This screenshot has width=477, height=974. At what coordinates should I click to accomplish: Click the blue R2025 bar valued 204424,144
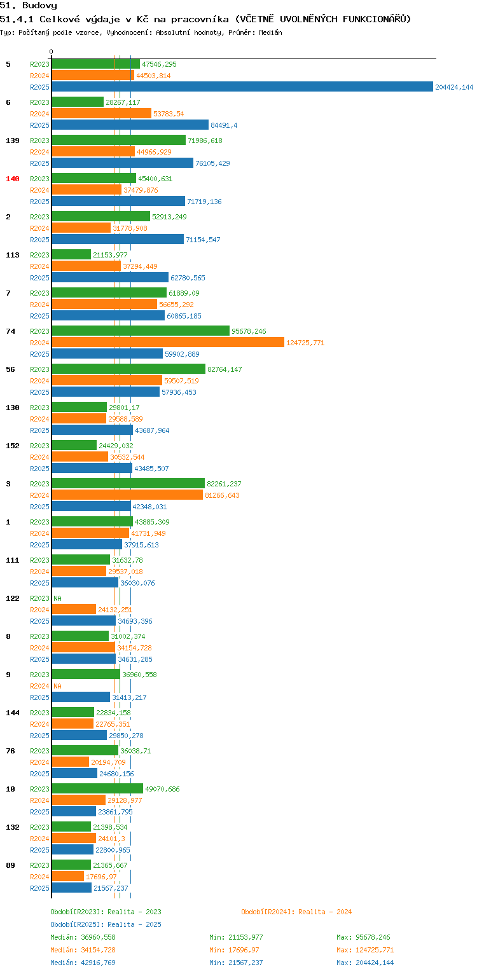pos(242,86)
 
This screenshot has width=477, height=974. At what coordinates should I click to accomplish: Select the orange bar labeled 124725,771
pos(168,342)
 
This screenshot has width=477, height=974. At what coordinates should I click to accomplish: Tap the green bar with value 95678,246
pos(141,331)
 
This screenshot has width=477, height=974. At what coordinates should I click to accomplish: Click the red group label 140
pos(13,179)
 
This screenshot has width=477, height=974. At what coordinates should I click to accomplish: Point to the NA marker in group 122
pos(57,598)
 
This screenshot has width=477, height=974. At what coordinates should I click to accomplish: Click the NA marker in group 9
pos(57,686)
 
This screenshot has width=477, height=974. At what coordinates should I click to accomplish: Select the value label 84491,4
pos(224,125)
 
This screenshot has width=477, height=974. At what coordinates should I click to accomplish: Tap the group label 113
pos(13,255)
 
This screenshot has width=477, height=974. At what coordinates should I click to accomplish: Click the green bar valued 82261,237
pos(128,484)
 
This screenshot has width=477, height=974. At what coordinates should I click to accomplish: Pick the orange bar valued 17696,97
pos(68,876)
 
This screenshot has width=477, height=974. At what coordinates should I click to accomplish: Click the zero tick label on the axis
pos(52,51)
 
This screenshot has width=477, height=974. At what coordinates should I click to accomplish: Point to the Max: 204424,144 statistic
pos(365,963)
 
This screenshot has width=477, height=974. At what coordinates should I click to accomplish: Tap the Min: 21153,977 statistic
pos(236,937)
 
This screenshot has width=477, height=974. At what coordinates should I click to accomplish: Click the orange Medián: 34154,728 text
pos(83,950)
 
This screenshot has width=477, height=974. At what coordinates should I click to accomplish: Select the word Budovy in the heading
pos(39,6)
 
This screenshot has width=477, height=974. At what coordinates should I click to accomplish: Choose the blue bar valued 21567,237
pos(72,888)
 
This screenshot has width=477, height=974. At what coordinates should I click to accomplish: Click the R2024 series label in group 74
pos(39,343)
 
